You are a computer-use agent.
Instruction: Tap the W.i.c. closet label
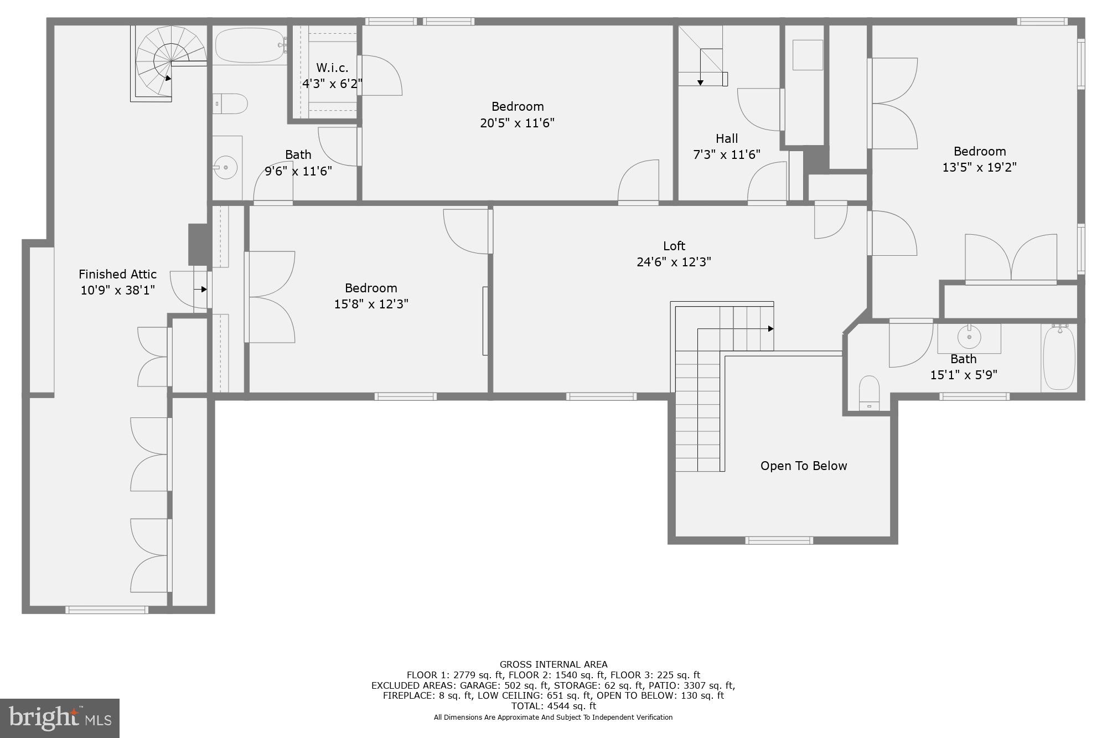[x=332, y=68]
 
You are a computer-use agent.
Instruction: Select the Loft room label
[x=674, y=246]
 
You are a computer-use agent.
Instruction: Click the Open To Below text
[x=803, y=466]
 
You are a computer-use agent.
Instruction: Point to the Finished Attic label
[x=117, y=274]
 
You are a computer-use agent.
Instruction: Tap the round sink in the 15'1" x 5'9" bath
[x=969, y=337]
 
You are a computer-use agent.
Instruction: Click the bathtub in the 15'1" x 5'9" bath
[x=1059, y=358]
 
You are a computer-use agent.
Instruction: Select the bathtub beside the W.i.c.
[x=249, y=46]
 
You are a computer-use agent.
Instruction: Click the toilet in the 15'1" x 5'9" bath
[x=869, y=392]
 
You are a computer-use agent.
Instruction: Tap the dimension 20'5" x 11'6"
[x=517, y=123]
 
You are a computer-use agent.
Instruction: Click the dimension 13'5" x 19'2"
[x=979, y=167]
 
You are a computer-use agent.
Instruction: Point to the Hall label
[x=726, y=138]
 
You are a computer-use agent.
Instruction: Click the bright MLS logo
[x=60, y=718]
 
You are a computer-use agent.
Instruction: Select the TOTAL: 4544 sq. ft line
[x=553, y=706]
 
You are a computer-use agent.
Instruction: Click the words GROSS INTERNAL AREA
[x=553, y=664]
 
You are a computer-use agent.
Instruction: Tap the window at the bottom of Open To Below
[x=779, y=540]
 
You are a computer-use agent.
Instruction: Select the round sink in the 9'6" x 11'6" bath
[x=226, y=167]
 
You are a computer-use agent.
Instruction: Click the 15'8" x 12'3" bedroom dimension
[x=371, y=304]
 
